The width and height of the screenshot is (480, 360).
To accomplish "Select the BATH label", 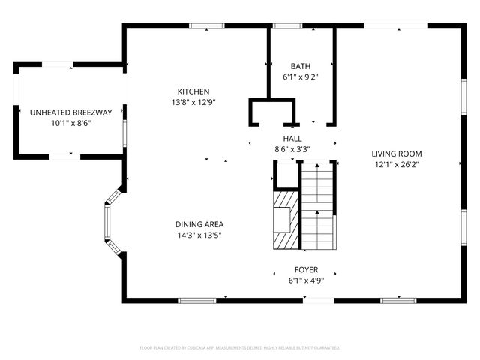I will click(301, 66).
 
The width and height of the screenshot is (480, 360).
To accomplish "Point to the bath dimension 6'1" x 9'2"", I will click(301, 77).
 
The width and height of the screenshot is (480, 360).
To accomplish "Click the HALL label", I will click(292, 138).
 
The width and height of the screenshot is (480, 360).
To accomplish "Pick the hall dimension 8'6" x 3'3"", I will click(292, 149).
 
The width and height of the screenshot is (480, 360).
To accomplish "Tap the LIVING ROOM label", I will click(397, 154).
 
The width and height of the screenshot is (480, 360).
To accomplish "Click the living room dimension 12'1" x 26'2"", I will click(397, 165).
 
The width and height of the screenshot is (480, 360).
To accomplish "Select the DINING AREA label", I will click(199, 224).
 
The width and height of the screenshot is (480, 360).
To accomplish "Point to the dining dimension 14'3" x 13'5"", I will click(199, 235).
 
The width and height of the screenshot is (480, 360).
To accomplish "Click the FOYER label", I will click(306, 270).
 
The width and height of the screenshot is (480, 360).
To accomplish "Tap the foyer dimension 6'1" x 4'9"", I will click(306, 280).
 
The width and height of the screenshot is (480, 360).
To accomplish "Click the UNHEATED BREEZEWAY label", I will click(70, 112).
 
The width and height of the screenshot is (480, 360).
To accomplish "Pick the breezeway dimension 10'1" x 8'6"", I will click(70, 124).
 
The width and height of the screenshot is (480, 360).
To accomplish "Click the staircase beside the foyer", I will click(317, 210).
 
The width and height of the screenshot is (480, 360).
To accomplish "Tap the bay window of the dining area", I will click(109, 225).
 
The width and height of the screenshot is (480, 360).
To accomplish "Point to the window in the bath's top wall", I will click(283, 26).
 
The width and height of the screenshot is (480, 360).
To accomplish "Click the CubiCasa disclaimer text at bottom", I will click(240, 348).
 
